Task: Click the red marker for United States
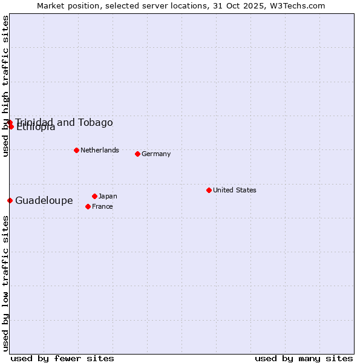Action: point(209,190)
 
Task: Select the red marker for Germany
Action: point(137,154)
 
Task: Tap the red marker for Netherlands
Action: point(76,150)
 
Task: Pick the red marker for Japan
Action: point(94,196)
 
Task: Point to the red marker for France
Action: point(88,206)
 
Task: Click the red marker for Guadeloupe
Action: point(10,200)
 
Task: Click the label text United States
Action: point(235,190)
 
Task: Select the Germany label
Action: point(156,154)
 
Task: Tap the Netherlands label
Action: point(100,150)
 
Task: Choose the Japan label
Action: point(108,196)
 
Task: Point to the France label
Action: point(102,206)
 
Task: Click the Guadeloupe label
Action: point(44,201)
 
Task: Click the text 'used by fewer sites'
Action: point(62,358)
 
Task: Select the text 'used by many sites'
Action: point(304,358)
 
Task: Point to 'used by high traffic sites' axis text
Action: point(5,86)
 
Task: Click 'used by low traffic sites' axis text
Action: point(5,283)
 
